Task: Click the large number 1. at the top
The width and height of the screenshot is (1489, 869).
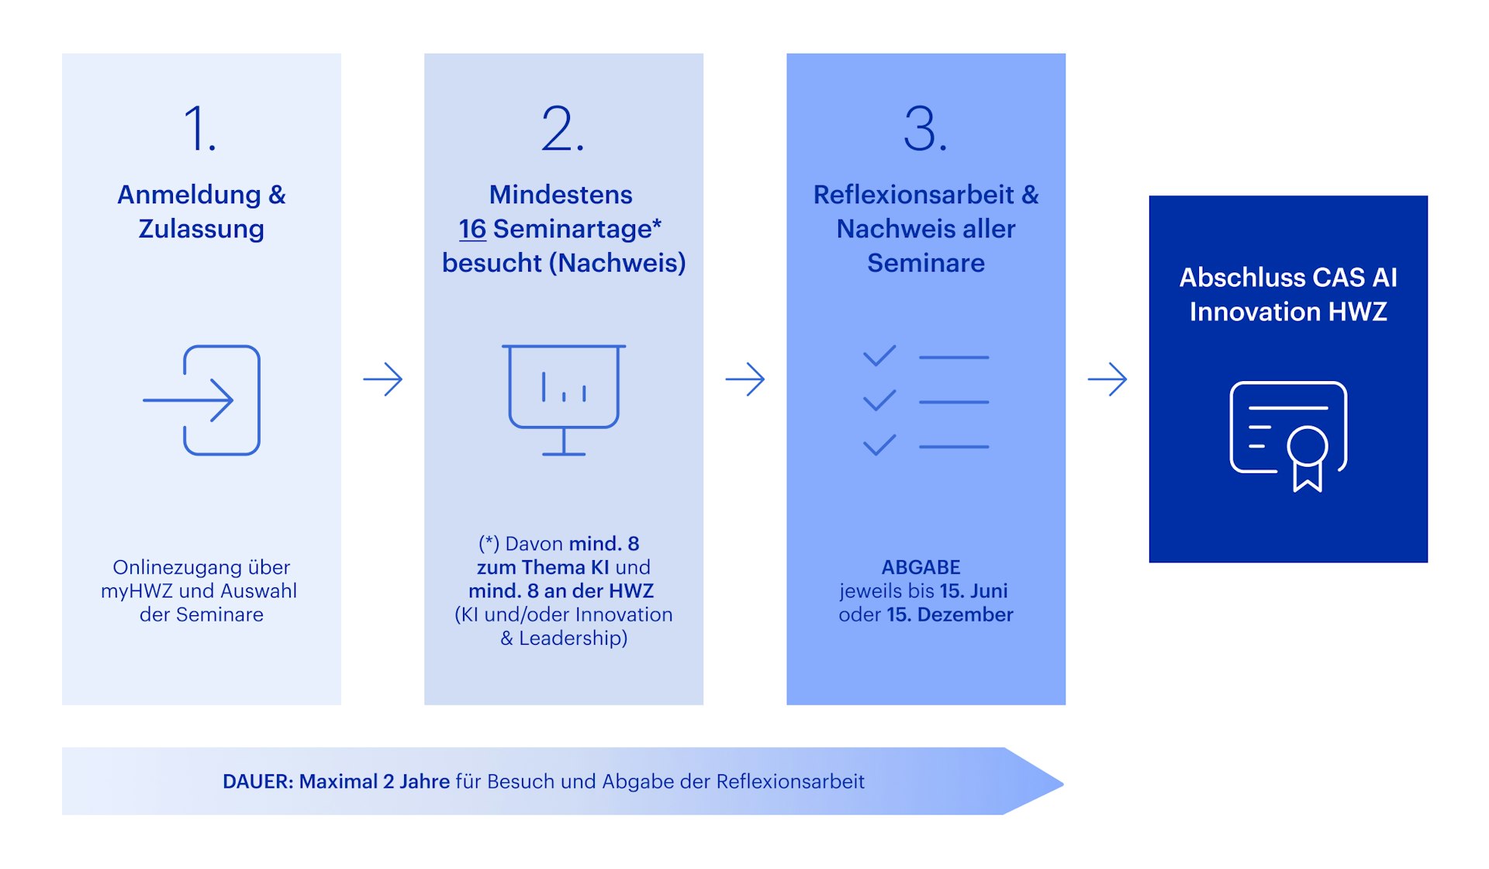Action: tap(199, 129)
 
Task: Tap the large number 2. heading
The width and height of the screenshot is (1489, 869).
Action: tap(562, 129)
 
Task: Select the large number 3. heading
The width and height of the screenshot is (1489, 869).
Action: tap(924, 129)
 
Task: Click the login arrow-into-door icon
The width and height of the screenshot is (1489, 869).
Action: tap(202, 400)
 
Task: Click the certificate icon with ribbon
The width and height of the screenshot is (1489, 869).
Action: tap(1288, 434)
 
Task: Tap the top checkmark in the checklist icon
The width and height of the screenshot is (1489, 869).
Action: tap(879, 355)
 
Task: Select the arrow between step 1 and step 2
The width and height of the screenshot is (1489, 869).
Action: tap(383, 379)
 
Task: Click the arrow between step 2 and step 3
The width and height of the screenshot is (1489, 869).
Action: tap(745, 379)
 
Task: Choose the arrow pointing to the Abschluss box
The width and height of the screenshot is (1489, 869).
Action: tap(1107, 379)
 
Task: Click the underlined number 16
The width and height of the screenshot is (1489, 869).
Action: tap(472, 229)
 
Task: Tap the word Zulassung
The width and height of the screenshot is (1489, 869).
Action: tap(201, 229)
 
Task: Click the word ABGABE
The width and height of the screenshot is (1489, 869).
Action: tap(921, 567)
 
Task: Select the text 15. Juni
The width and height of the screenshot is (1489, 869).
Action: tap(973, 591)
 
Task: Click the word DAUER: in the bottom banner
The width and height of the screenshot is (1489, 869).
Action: tap(257, 781)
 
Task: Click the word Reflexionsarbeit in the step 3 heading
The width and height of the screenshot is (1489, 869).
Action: tap(913, 195)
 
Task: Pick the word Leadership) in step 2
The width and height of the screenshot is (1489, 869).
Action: tap(573, 639)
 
